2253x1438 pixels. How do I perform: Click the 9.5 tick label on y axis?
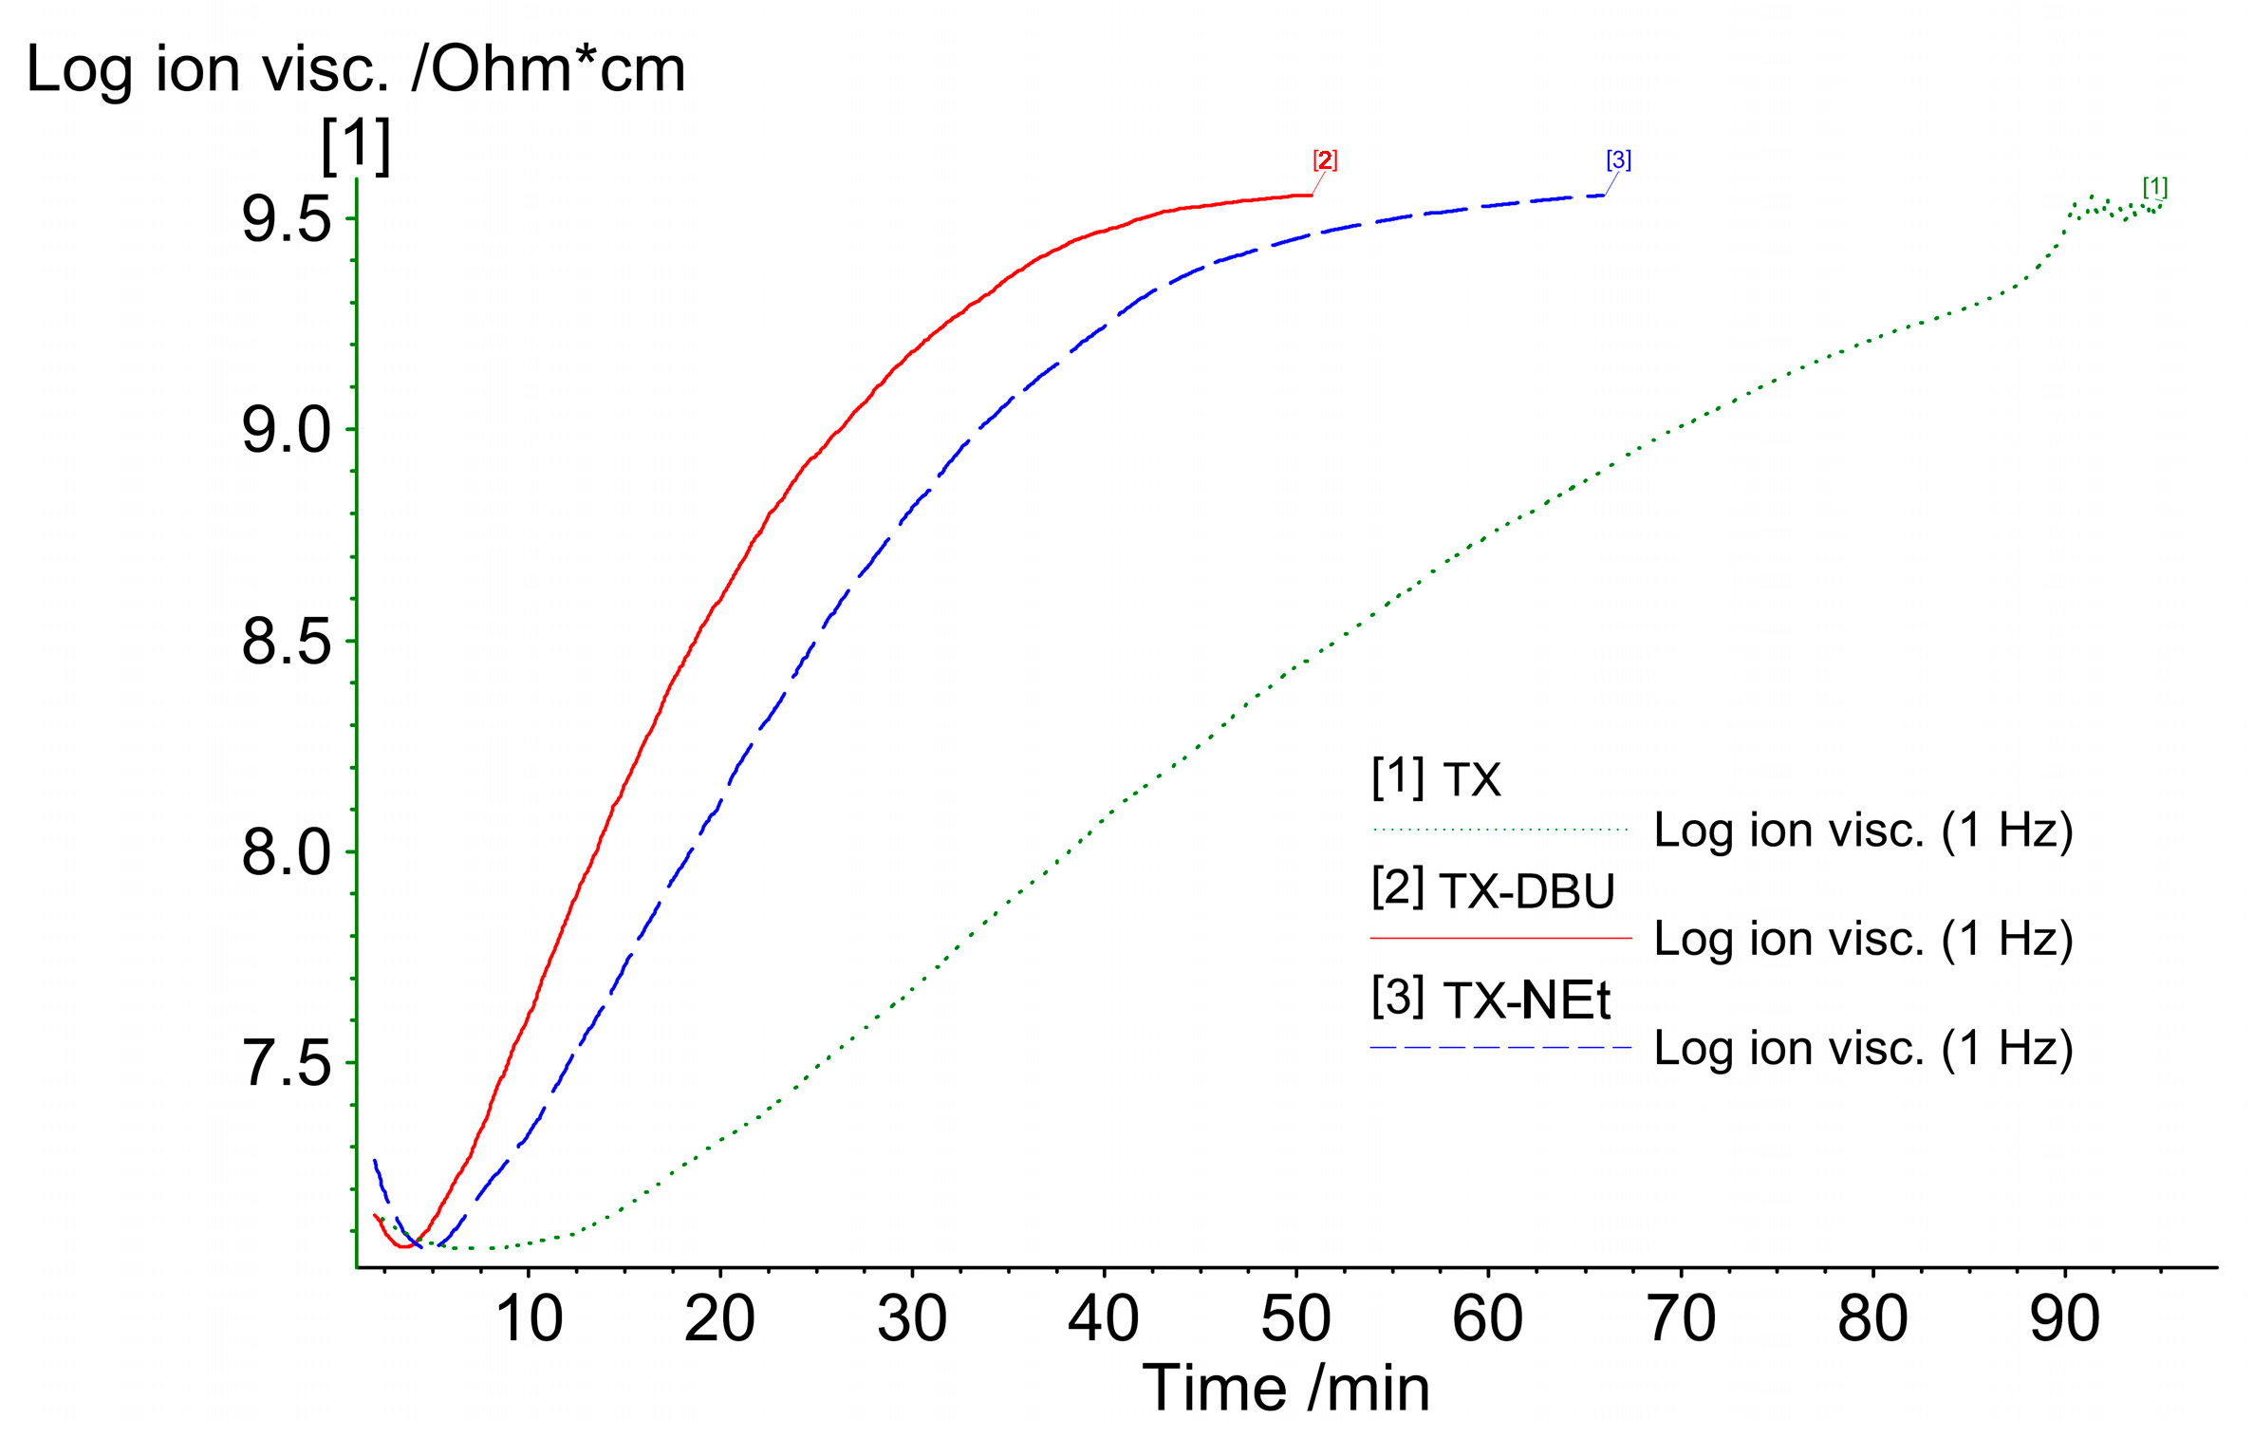point(286,219)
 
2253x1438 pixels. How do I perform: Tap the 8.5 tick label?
point(286,642)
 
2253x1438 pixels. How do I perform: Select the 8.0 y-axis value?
point(286,852)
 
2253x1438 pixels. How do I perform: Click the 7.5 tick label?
point(286,1063)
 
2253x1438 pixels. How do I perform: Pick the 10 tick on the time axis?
point(529,1318)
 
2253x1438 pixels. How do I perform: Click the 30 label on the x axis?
point(912,1318)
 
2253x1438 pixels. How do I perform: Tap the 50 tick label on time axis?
point(1295,1318)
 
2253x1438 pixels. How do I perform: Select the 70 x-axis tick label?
point(1681,1318)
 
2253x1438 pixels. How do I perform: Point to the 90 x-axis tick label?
point(2064,1318)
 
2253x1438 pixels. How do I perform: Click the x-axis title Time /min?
point(1285,1389)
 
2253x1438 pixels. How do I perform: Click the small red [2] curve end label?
point(1325,160)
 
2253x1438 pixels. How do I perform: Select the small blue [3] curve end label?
point(1618,160)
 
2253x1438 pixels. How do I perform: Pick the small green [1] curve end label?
point(2154,187)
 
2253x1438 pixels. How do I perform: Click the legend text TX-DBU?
point(1526,891)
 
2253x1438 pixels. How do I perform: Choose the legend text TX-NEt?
point(1526,1000)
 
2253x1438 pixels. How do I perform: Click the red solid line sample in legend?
point(1500,939)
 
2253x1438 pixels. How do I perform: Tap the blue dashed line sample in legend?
point(1500,1048)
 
